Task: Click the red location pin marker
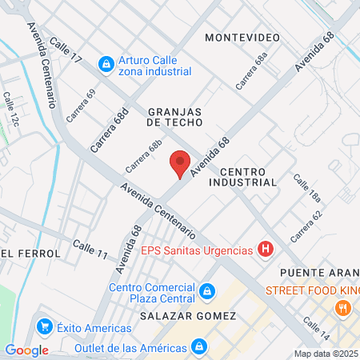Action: pyautogui.click(x=180, y=166)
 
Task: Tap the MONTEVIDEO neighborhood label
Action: pyautogui.click(x=242, y=38)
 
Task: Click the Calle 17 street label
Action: pyautogui.click(x=66, y=50)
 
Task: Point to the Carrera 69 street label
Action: pyautogui.click(x=81, y=105)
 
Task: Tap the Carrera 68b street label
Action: pyautogui.click(x=144, y=155)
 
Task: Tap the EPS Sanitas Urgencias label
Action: pyautogui.click(x=197, y=250)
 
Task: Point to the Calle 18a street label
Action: pyautogui.click(x=306, y=188)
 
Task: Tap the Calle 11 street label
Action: pyautogui.click(x=90, y=249)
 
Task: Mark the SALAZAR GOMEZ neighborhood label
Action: pyautogui.click(x=187, y=316)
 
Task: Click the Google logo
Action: pyautogui.click(x=26, y=350)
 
